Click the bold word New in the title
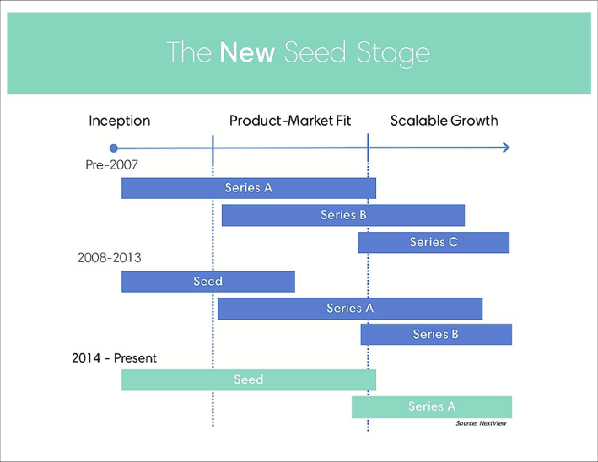coord(247,52)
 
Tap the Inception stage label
coord(120,121)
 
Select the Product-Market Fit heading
coord(290,121)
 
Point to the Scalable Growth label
coord(444,121)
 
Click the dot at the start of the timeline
coord(113,148)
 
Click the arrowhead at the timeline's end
coord(506,148)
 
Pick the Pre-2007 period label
coord(111,164)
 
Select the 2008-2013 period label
coord(110,258)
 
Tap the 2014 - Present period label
coord(114,358)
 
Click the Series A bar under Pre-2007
coord(249,188)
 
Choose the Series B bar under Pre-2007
coord(343,215)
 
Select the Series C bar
coord(434,242)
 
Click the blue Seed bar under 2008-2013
coord(208,282)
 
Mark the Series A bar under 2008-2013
coord(350,309)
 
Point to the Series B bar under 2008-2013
coord(436,335)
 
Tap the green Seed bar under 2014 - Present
coord(249,379)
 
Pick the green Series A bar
coord(432,407)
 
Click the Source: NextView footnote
coord(481,423)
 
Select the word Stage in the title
coord(393,53)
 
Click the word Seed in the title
coord(315,52)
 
